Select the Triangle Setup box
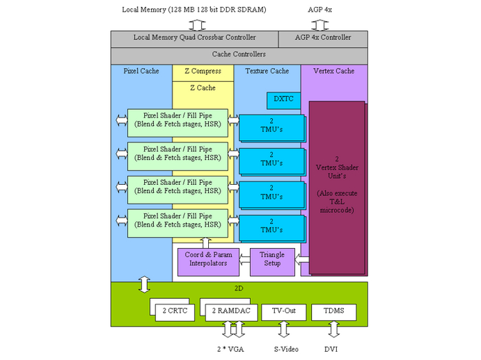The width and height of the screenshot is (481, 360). (271, 259)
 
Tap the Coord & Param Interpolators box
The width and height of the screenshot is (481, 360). (208, 259)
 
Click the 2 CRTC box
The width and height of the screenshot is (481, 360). (175, 311)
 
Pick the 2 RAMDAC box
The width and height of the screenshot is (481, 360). (231, 311)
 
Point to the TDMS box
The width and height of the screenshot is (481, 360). (333, 311)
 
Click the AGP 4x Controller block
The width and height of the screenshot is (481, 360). (322, 38)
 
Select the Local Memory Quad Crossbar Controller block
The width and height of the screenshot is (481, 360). (194, 38)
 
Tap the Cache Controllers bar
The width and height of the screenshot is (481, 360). (239, 54)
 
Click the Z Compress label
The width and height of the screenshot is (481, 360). (203, 71)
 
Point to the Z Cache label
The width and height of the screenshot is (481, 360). (203, 88)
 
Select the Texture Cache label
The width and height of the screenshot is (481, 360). (267, 71)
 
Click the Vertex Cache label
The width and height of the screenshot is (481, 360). (333, 71)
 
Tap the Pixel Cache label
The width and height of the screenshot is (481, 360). (141, 71)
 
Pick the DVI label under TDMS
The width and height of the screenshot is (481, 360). (331, 350)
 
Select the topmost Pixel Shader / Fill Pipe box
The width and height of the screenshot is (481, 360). (178, 120)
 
